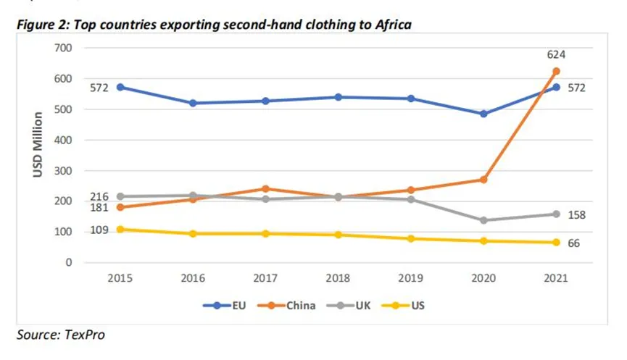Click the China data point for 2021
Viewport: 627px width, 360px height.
tap(557, 71)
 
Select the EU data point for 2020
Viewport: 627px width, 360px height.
tap(483, 114)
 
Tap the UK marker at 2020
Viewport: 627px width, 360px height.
tap(483, 220)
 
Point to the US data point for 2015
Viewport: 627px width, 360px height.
tap(120, 230)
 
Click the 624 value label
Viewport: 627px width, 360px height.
tap(556, 54)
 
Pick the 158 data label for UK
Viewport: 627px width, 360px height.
tap(577, 215)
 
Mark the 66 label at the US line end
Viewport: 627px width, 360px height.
tap(574, 243)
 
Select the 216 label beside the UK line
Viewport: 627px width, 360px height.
tap(99, 196)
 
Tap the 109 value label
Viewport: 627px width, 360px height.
tap(99, 230)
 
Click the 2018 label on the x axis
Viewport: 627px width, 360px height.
tap(338, 278)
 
